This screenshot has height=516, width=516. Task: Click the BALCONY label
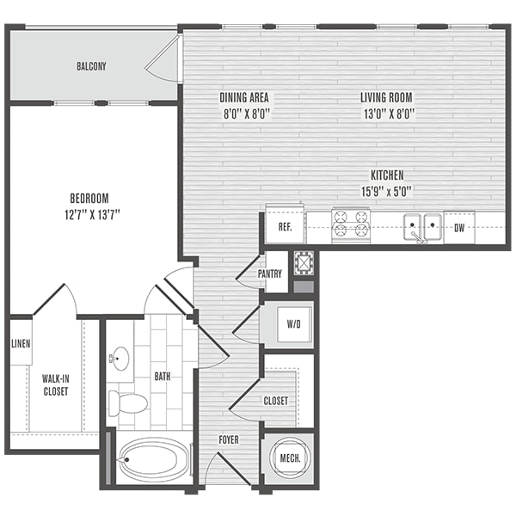(91, 66)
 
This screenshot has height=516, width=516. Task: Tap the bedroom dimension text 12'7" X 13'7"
(92, 215)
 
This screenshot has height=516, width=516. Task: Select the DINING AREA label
(244, 97)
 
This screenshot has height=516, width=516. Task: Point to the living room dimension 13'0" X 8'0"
(389, 114)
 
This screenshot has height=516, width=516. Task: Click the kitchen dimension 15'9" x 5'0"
(387, 191)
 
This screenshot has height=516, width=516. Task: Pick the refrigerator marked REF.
(285, 224)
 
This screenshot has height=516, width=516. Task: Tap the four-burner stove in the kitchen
(351, 225)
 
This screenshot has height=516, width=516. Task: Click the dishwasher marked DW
(459, 227)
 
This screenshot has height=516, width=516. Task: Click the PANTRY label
(270, 273)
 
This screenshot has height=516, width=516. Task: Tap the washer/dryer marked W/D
(294, 324)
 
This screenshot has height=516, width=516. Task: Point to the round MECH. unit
(290, 458)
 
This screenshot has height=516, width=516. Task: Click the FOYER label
(229, 439)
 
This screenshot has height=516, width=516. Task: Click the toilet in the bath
(128, 403)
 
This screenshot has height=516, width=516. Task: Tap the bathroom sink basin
(120, 359)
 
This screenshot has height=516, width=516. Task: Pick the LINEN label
(21, 344)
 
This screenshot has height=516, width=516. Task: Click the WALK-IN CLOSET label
(56, 385)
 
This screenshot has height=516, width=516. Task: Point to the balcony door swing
(163, 58)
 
